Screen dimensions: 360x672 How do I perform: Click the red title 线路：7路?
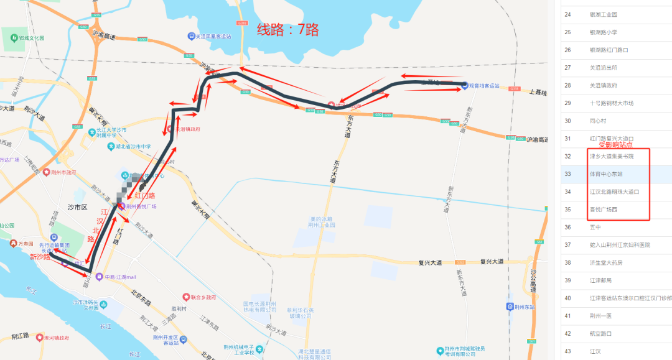pos(288,29)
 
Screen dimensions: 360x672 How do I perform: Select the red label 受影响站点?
pos(615,144)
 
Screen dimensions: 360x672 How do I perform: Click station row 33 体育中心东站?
pos(606,174)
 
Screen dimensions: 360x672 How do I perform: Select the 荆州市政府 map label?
pos(64,172)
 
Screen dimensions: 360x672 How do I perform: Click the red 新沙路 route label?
pos(39,257)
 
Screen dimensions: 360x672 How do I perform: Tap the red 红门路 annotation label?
pos(144,195)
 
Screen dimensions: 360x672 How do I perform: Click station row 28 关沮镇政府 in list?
pos(603,85)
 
